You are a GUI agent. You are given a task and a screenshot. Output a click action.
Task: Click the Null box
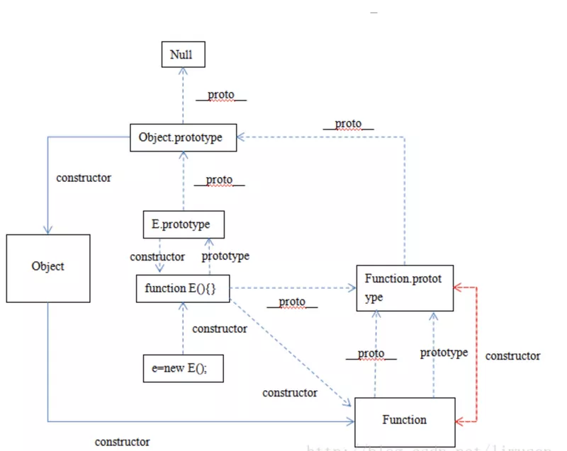183,54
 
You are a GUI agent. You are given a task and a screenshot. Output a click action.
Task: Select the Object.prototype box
183,138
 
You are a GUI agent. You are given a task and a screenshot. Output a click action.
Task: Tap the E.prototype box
183,224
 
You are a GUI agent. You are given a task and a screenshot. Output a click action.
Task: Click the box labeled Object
48,266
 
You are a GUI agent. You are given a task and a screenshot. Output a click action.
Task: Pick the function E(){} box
183,288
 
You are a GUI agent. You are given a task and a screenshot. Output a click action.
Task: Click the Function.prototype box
404,287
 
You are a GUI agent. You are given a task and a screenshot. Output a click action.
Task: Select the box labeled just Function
405,420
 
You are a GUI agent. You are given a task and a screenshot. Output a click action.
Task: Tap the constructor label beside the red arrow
512,356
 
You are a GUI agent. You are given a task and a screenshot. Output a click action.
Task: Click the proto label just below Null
220,95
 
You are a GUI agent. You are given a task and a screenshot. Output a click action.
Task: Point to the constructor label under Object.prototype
84,178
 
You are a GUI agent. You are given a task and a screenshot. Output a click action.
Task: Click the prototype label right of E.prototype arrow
225,256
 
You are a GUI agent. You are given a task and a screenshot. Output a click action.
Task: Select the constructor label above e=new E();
220,329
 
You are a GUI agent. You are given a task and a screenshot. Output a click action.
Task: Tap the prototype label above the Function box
444,352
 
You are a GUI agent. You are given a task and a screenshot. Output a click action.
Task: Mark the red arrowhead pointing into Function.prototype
458,287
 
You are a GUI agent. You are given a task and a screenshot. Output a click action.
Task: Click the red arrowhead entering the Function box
458,421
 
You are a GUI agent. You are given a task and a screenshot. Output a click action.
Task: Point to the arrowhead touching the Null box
183,71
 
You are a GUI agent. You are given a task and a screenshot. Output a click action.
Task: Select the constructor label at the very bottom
123,441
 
